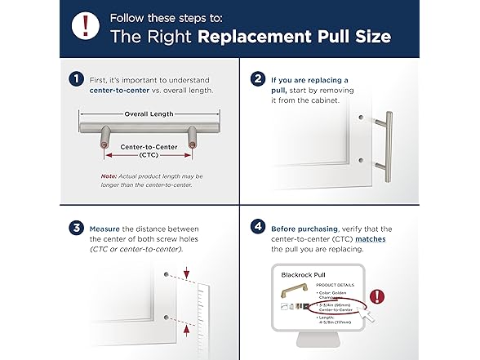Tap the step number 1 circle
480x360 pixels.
76,79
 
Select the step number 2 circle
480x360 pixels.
259,79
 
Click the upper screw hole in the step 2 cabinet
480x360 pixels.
360,117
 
